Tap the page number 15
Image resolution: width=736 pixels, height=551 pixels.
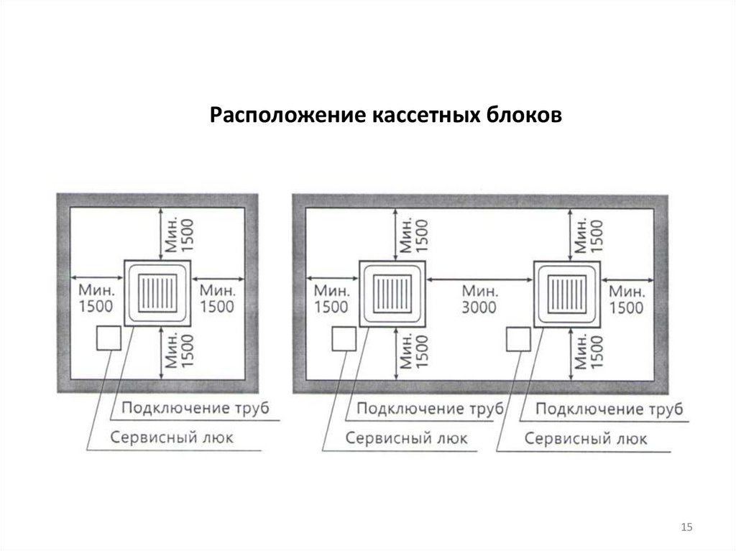click(x=686, y=529)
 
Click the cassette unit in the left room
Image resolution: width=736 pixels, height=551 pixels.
click(x=157, y=292)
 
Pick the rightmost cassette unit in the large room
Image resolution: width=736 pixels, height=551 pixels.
click(x=567, y=292)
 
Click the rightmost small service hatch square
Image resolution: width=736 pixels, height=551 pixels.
click(x=518, y=339)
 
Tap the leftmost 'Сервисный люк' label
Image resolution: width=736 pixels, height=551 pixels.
click(x=172, y=437)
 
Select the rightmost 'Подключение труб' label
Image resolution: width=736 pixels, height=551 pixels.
click(x=609, y=409)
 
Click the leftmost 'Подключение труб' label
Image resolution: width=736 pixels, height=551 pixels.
click(x=195, y=409)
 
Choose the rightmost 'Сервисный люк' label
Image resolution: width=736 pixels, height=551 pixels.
click(x=586, y=438)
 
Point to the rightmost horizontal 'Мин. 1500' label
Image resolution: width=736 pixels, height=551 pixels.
click(x=627, y=299)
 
